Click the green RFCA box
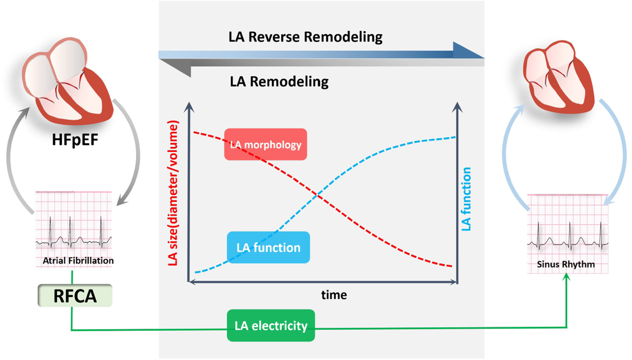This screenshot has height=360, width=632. [x=75, y=296]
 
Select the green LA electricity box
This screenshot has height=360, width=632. [x=271, y=325]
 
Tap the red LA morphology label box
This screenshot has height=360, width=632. [x=265, y=144]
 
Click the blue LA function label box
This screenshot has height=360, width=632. [x=268, y=247]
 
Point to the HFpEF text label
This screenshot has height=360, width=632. [x=75, y=140]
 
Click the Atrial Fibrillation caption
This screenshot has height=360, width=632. [x=78, y=260]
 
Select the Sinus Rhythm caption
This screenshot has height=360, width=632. [x=566, y=264]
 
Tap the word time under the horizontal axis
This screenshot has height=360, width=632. [x=334, y=295]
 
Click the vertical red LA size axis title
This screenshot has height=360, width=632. [x=173, y=193]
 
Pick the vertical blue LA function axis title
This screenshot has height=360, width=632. [x=466, y=199]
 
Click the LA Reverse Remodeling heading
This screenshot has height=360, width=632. [x=305, y=37]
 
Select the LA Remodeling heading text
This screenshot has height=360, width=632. [x=279, y=81]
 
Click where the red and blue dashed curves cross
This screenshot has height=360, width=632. [x=316, y=195]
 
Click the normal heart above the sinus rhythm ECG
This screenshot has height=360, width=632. [x=558, y=77]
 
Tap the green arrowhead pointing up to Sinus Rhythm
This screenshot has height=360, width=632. [x=566, y=277]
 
